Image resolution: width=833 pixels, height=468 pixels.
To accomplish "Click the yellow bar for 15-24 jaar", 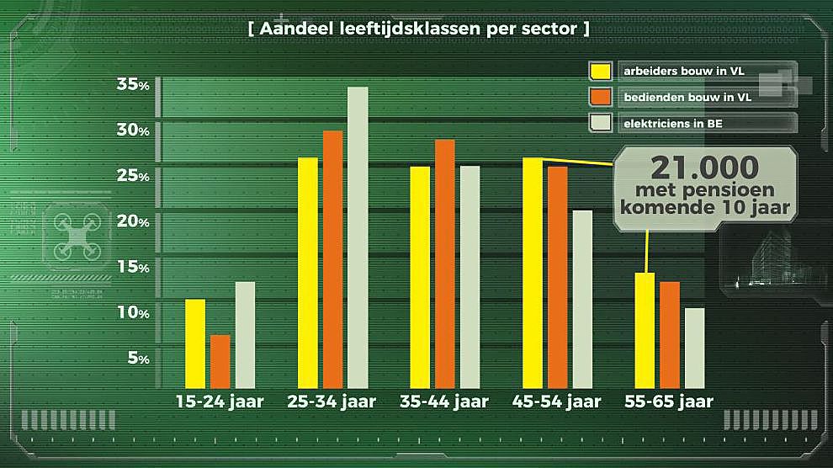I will [195, 343].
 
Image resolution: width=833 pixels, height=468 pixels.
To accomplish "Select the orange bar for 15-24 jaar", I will [220, 361].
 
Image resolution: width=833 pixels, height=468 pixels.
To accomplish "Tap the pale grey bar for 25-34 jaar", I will [358, 237].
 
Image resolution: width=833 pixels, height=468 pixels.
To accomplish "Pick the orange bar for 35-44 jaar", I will [445, 263].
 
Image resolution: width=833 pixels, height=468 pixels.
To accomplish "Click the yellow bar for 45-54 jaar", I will [533, 272].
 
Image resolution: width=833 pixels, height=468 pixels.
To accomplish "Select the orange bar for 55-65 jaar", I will [670, 334].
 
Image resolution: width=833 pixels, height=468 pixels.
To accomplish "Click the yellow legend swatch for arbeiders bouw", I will [600, 72].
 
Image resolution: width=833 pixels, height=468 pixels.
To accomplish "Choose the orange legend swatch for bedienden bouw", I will [600, 98].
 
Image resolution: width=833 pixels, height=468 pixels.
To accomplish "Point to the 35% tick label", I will [134, 85].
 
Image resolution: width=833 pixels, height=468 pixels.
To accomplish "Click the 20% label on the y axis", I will [134, 221].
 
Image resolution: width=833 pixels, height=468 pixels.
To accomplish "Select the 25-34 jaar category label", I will [332, 402].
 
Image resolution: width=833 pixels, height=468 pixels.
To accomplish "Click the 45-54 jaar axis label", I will [557, 402].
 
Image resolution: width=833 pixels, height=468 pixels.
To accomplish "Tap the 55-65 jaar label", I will [669, 402].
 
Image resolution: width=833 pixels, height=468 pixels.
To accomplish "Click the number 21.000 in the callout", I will [705, 166].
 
